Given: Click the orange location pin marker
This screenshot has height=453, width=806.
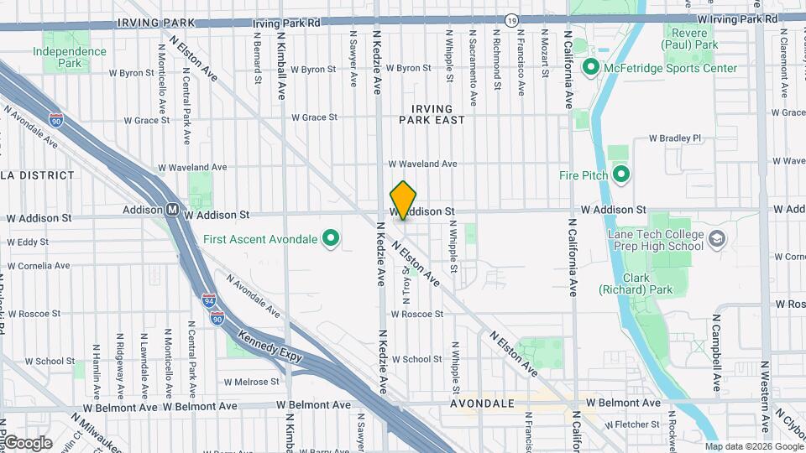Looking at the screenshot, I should pyautogui.click(x=404, y=200).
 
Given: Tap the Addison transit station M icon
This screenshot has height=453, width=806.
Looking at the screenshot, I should pyautogui.click(x=172, y=210).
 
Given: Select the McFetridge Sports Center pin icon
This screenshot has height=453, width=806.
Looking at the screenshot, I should pyautogui.click(x=590, y=68).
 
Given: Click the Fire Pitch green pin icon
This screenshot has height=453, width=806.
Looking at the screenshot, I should pyautogui.click(x=621, y=175).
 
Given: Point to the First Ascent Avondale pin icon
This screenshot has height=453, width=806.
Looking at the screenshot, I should pyautogui.click(x=331, y=239).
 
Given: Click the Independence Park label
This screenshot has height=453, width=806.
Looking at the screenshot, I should pyautogui.click(x=70, y=57).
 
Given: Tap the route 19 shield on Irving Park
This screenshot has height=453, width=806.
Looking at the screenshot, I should pyautogui.click(x=511, y=18).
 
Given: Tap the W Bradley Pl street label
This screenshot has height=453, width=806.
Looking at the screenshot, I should pyautogui.click(x=674, y=138).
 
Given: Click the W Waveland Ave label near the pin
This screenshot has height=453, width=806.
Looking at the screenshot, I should pyautogui.click(x=422, y=164).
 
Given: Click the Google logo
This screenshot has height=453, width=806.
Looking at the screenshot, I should pyautogui.click(x=28, y=442).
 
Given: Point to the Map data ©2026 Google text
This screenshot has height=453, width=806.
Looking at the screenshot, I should pyautogui.click(x=753, y=446).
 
